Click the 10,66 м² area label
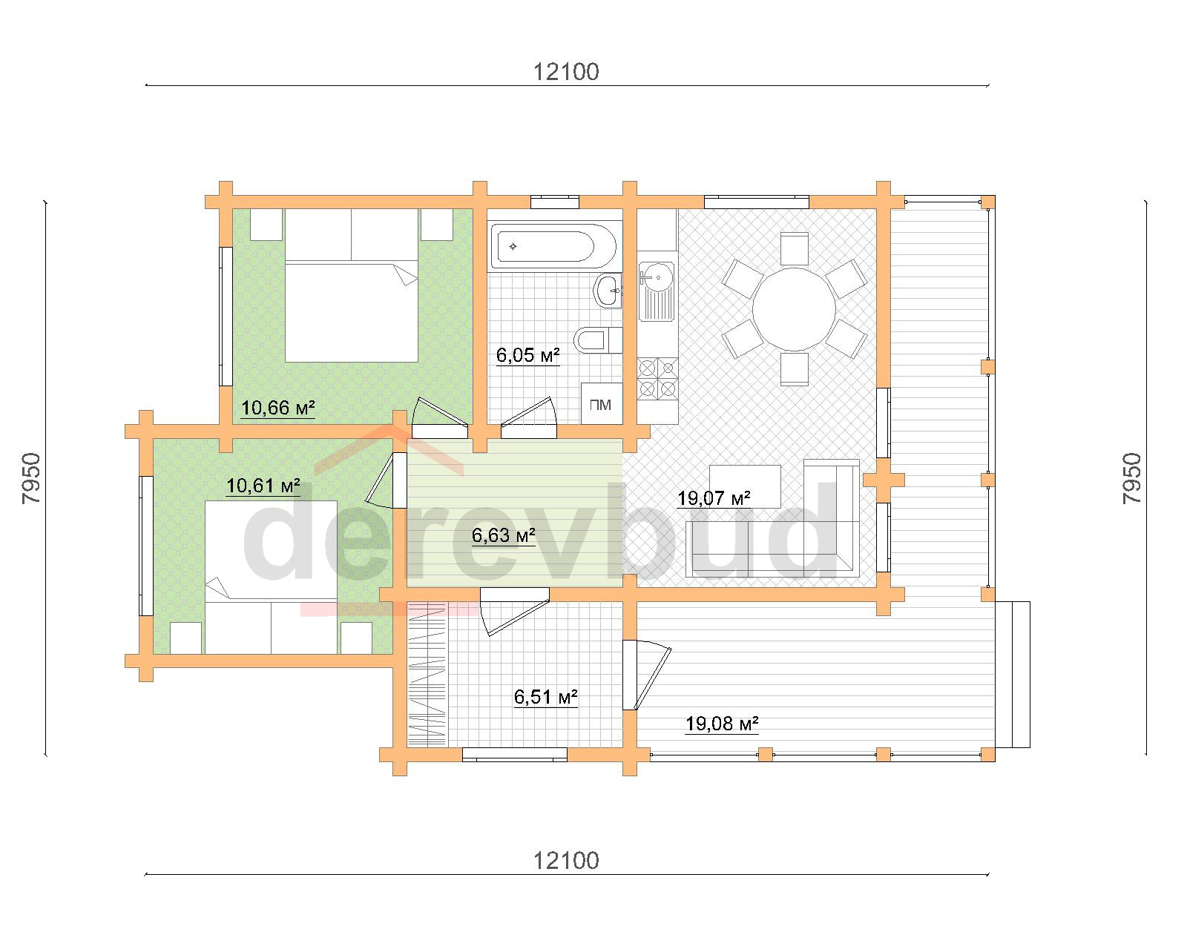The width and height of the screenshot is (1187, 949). pos(277,408)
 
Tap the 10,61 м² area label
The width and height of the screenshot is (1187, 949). pos(263,486)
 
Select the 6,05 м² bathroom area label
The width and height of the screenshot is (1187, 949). pos(528,355)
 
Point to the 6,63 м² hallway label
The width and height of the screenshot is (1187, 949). pos(504,535)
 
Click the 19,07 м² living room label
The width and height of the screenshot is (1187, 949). pos(714,498)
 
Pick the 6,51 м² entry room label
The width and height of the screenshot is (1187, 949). pos(545,697)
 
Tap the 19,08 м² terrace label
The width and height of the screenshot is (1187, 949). pos(722,724)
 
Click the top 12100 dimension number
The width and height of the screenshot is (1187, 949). pos(566,72)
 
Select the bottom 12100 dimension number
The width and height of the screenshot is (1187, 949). pos(566,861)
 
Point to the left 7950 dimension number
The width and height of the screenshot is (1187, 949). pos(31,478)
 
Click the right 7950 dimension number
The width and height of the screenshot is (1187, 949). pos(1132,478)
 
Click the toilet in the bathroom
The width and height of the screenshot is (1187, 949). pos(597,340)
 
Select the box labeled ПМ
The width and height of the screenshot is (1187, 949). pos(601,403)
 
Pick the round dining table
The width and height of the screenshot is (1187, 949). pos(795,309)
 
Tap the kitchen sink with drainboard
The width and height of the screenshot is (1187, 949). pos(657,291)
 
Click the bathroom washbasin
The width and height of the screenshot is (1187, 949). pos(608,290)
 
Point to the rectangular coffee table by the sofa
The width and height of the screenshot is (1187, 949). pos(745,486)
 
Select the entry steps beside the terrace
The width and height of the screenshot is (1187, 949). pos(1013,675)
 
